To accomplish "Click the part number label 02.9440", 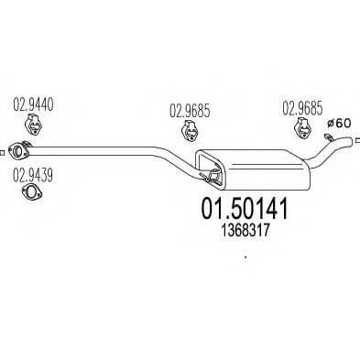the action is (x=33, y=104).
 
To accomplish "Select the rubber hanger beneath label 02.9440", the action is (x=33, y=125).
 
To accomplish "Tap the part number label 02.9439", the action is (x=33, y=175).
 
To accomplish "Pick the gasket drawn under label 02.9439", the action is (x=32, y=192).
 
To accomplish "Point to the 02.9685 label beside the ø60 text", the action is (x=302, y=108).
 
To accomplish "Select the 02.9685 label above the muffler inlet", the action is (x=190, y=111).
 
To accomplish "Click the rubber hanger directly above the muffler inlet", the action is (x=190, y=131).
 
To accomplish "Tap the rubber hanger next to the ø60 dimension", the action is (x=302, y=127).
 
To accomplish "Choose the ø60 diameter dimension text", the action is (x=339, y=124).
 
